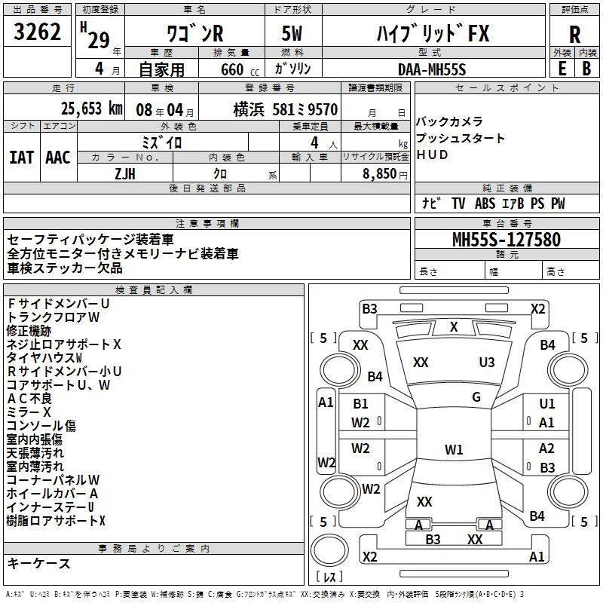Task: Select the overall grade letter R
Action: pyautogui.click(x=574, y=35)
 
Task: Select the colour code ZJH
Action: pyautogui.click(x=125, y=173)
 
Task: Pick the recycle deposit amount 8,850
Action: pyautogui.click(x=380, y=173)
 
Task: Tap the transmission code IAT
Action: pyautogui.click(x=21, y=157)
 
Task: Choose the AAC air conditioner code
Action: pyautogui.click(x=58, y=157)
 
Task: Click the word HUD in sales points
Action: pyautogui.click(x=433, y=155)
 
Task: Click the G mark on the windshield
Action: pyautogui.click(x=476, y=397)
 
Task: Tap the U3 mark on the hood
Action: pyautogui.click(x=487, y=362)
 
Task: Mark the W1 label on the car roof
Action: pyautogui.click(x=454, y=450)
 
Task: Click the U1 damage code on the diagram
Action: pyautogui.click(x=547, y=404)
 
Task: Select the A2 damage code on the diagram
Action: pyautogui.click(x=547, y=448)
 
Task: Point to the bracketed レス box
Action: pyautogui.click(x=329, y=577)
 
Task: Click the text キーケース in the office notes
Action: pyautogui.click(x=39, y=563)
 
